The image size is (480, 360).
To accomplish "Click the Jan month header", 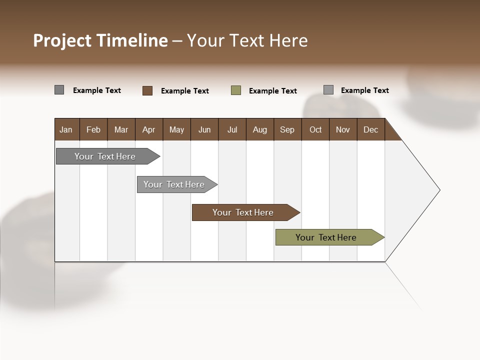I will coord(66,129).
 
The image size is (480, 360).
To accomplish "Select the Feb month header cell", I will coord(93,129).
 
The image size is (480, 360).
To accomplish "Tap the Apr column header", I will coord(148,129).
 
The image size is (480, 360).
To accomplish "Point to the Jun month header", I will coord(204,129).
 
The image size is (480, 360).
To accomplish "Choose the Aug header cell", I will coord(259,129).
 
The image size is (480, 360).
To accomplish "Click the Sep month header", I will coord(287,129).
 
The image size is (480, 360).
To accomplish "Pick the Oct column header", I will coord(315,129).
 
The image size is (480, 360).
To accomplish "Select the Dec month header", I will coord(370,129).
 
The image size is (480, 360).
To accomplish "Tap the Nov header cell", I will coord(343,129).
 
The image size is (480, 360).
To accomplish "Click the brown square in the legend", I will coord(147,90).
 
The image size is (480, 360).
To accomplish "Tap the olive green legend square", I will coord(236,90).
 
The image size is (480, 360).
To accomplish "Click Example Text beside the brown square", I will coord(185,91).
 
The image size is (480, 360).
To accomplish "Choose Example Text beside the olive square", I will coord(273,91).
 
